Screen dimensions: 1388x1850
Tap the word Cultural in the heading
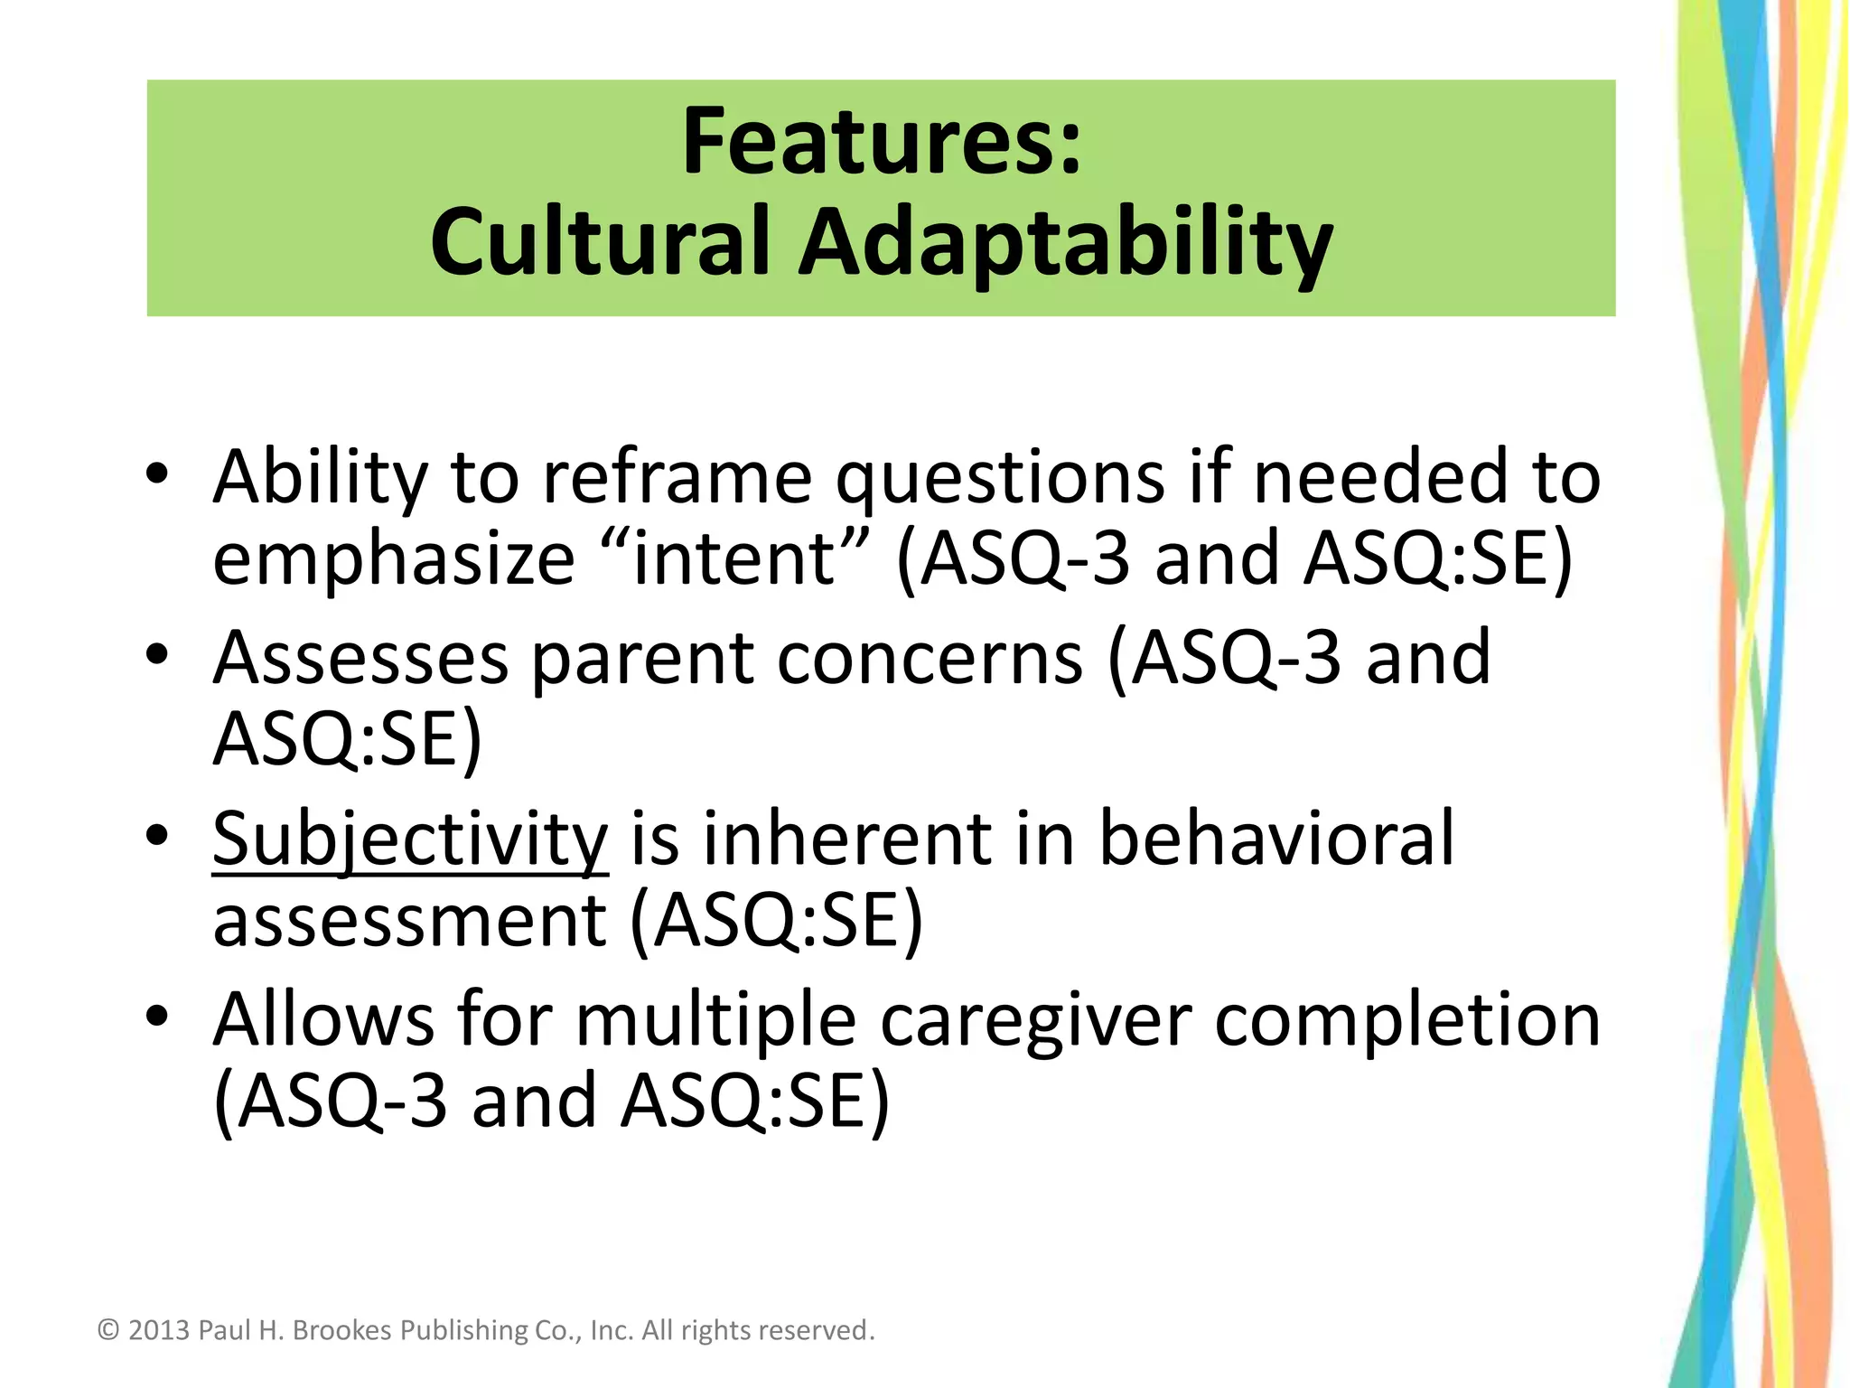tap(599, 242)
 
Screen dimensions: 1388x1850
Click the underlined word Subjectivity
tap(410, 839)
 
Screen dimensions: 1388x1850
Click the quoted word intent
tap(734, 558)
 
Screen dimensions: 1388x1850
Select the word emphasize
tap(394, 559)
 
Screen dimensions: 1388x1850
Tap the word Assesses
tap(360, 658)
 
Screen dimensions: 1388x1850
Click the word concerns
tap(930, 658)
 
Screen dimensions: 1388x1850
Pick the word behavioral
tap(1275, 839)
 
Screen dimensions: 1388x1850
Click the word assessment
tap(409, 921)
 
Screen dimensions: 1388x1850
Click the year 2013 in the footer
tap(159, 1330)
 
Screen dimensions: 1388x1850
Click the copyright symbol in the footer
tap(108, 1330)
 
